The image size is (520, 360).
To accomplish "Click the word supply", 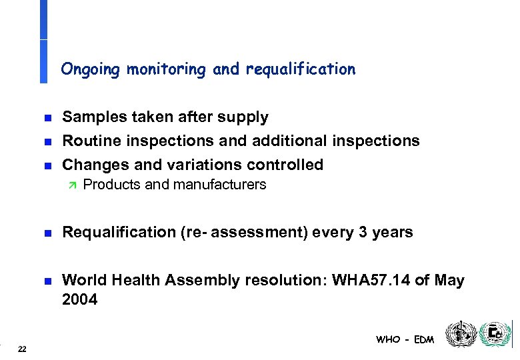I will [x=244, y=118].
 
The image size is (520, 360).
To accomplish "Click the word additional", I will [x=291, y=141].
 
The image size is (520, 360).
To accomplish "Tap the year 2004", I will [x=79, y=301].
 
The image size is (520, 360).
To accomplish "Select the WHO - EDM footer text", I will [x=405, y=339].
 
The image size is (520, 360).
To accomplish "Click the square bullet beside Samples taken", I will [x=46, y=118].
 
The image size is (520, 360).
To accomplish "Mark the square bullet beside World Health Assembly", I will [x=46, y=281].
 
